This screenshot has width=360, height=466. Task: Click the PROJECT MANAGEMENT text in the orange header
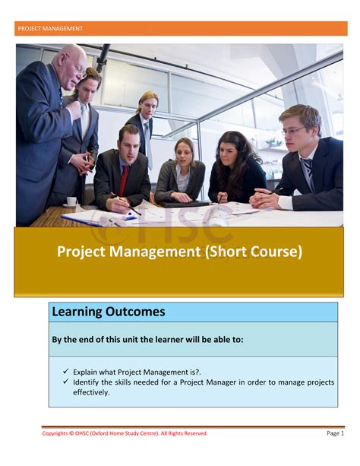[50, 29]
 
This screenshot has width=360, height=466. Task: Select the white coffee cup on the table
[71, 201]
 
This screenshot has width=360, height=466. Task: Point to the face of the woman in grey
[184, 153]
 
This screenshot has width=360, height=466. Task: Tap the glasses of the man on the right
[292, 131]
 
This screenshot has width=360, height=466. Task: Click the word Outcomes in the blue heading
[136, 312]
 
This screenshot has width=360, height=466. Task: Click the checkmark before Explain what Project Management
[66, 372]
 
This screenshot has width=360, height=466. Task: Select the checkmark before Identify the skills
[66, 382]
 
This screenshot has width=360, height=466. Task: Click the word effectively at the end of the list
[91, 392]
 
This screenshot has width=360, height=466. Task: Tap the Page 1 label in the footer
[335, 433]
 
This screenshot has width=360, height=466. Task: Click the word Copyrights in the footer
[54, 433]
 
